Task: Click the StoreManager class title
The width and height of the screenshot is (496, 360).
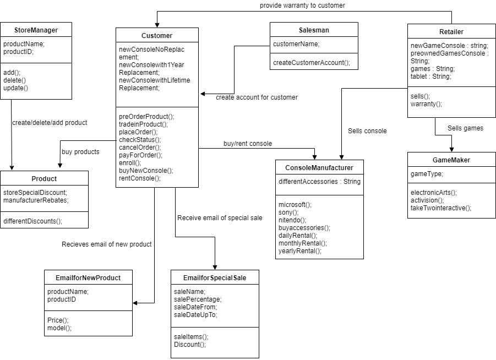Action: [36, 30]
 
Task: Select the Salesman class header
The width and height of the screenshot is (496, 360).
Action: [314, 30]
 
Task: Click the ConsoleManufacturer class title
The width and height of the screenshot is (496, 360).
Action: [319, 167]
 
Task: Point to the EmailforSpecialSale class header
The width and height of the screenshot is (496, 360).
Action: [215, 277]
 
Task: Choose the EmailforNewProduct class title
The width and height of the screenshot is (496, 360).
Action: [88, 277]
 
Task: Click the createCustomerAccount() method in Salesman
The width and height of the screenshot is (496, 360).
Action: [312, 62]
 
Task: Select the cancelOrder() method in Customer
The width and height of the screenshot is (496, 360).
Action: [140, 147]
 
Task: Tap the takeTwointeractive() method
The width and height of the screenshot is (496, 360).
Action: [441, 208]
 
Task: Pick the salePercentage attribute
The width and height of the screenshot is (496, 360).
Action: [198, 299]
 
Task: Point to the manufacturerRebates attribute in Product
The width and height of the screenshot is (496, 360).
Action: [36, 200]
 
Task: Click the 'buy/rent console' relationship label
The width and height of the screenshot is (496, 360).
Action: [248, 143]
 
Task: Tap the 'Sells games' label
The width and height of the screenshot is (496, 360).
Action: [465, 128]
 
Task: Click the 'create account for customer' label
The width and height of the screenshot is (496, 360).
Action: [257, 97]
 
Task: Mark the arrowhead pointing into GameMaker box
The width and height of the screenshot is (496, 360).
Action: [451, 150]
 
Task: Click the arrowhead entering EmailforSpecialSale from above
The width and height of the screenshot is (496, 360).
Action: [215, 266]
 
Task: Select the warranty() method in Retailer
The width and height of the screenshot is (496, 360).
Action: [427, 103]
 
